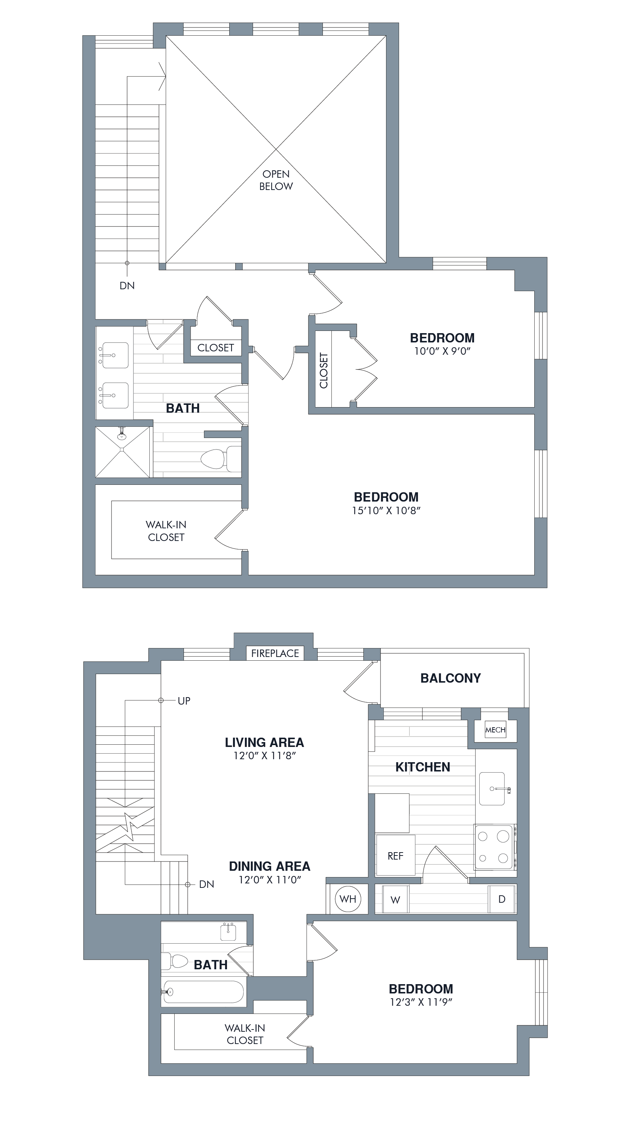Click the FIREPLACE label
click(275, 653)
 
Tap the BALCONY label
click(450, 678)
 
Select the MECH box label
click(495, 730)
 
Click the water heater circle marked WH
click(348, 899)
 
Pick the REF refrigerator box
click(395, 856)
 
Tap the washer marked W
click(395, 899)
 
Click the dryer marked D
click(502, 899)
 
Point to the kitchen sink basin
click(492, 789)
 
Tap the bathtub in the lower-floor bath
click(203, 992)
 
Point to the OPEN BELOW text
click(276, 180)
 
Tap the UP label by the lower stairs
click(184, 700)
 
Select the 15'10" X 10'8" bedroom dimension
click(386, 510)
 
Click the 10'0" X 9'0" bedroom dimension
click(442, 351)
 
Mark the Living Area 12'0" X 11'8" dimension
click(265, 755)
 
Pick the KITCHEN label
click(423, 767)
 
